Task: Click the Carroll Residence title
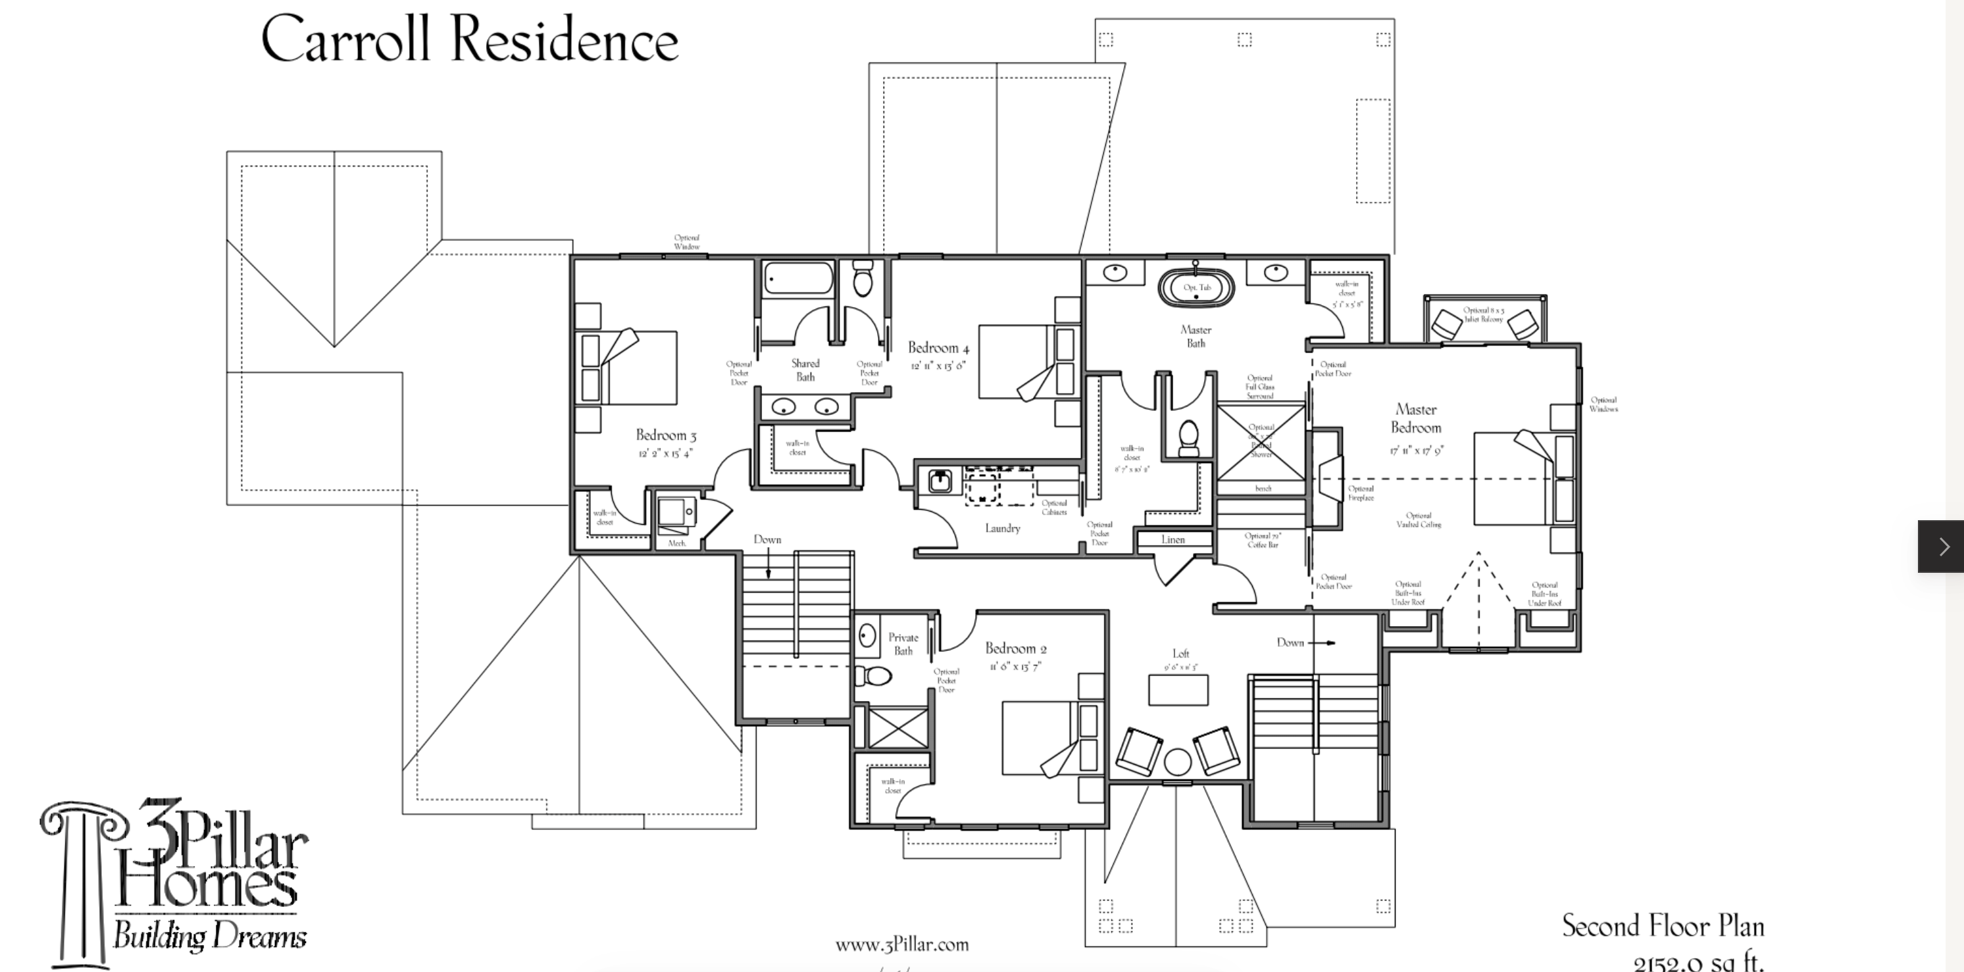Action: (x=470, y=39)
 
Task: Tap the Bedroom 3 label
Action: (x=666, y=435)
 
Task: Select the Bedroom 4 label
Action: (x=938, y=348)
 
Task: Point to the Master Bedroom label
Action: (x=1416, y=418)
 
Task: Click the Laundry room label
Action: (x=1002, y=527)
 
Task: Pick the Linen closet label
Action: (x=1172, y=540)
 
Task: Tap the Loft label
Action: (x=1180, y=653)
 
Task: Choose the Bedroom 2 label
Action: (x=1015, y=648)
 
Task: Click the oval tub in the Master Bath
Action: (x=1196, y=288)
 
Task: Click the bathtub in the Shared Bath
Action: (x=798, y=279)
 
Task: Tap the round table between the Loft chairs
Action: (x=1177, y=762)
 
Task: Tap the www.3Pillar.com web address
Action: (x=901, y=944)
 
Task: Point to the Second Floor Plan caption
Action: (x=1662, y=926)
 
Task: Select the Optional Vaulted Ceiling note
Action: (x=1418, y=520)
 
